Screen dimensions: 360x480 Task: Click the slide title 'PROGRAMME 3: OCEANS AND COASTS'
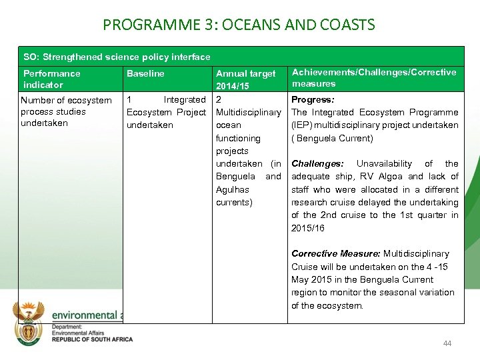(x=239, y=25)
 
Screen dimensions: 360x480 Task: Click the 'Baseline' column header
(x=145, y=73)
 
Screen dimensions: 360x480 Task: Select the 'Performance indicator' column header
(x=52, y=79)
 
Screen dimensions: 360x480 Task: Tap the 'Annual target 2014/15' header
(x=245, y=80)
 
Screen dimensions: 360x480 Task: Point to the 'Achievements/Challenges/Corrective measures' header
(x=374, y=77)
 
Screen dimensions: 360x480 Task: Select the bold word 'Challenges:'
(x=317, y=163)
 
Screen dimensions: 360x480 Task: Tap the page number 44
(x=447, y=343)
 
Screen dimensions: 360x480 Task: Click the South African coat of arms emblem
(x=30, y=317)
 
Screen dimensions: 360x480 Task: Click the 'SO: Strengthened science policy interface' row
(x=117, y=57)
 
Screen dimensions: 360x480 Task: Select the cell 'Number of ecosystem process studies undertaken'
(x=66, y=111)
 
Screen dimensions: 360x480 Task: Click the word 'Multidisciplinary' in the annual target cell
(x=248, y=113)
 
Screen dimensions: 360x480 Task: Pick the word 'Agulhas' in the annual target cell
(x=233, y=189)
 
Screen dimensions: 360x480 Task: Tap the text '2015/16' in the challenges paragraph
(x=308, y=228)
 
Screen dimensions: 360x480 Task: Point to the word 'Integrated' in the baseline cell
(x=185, y=99)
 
